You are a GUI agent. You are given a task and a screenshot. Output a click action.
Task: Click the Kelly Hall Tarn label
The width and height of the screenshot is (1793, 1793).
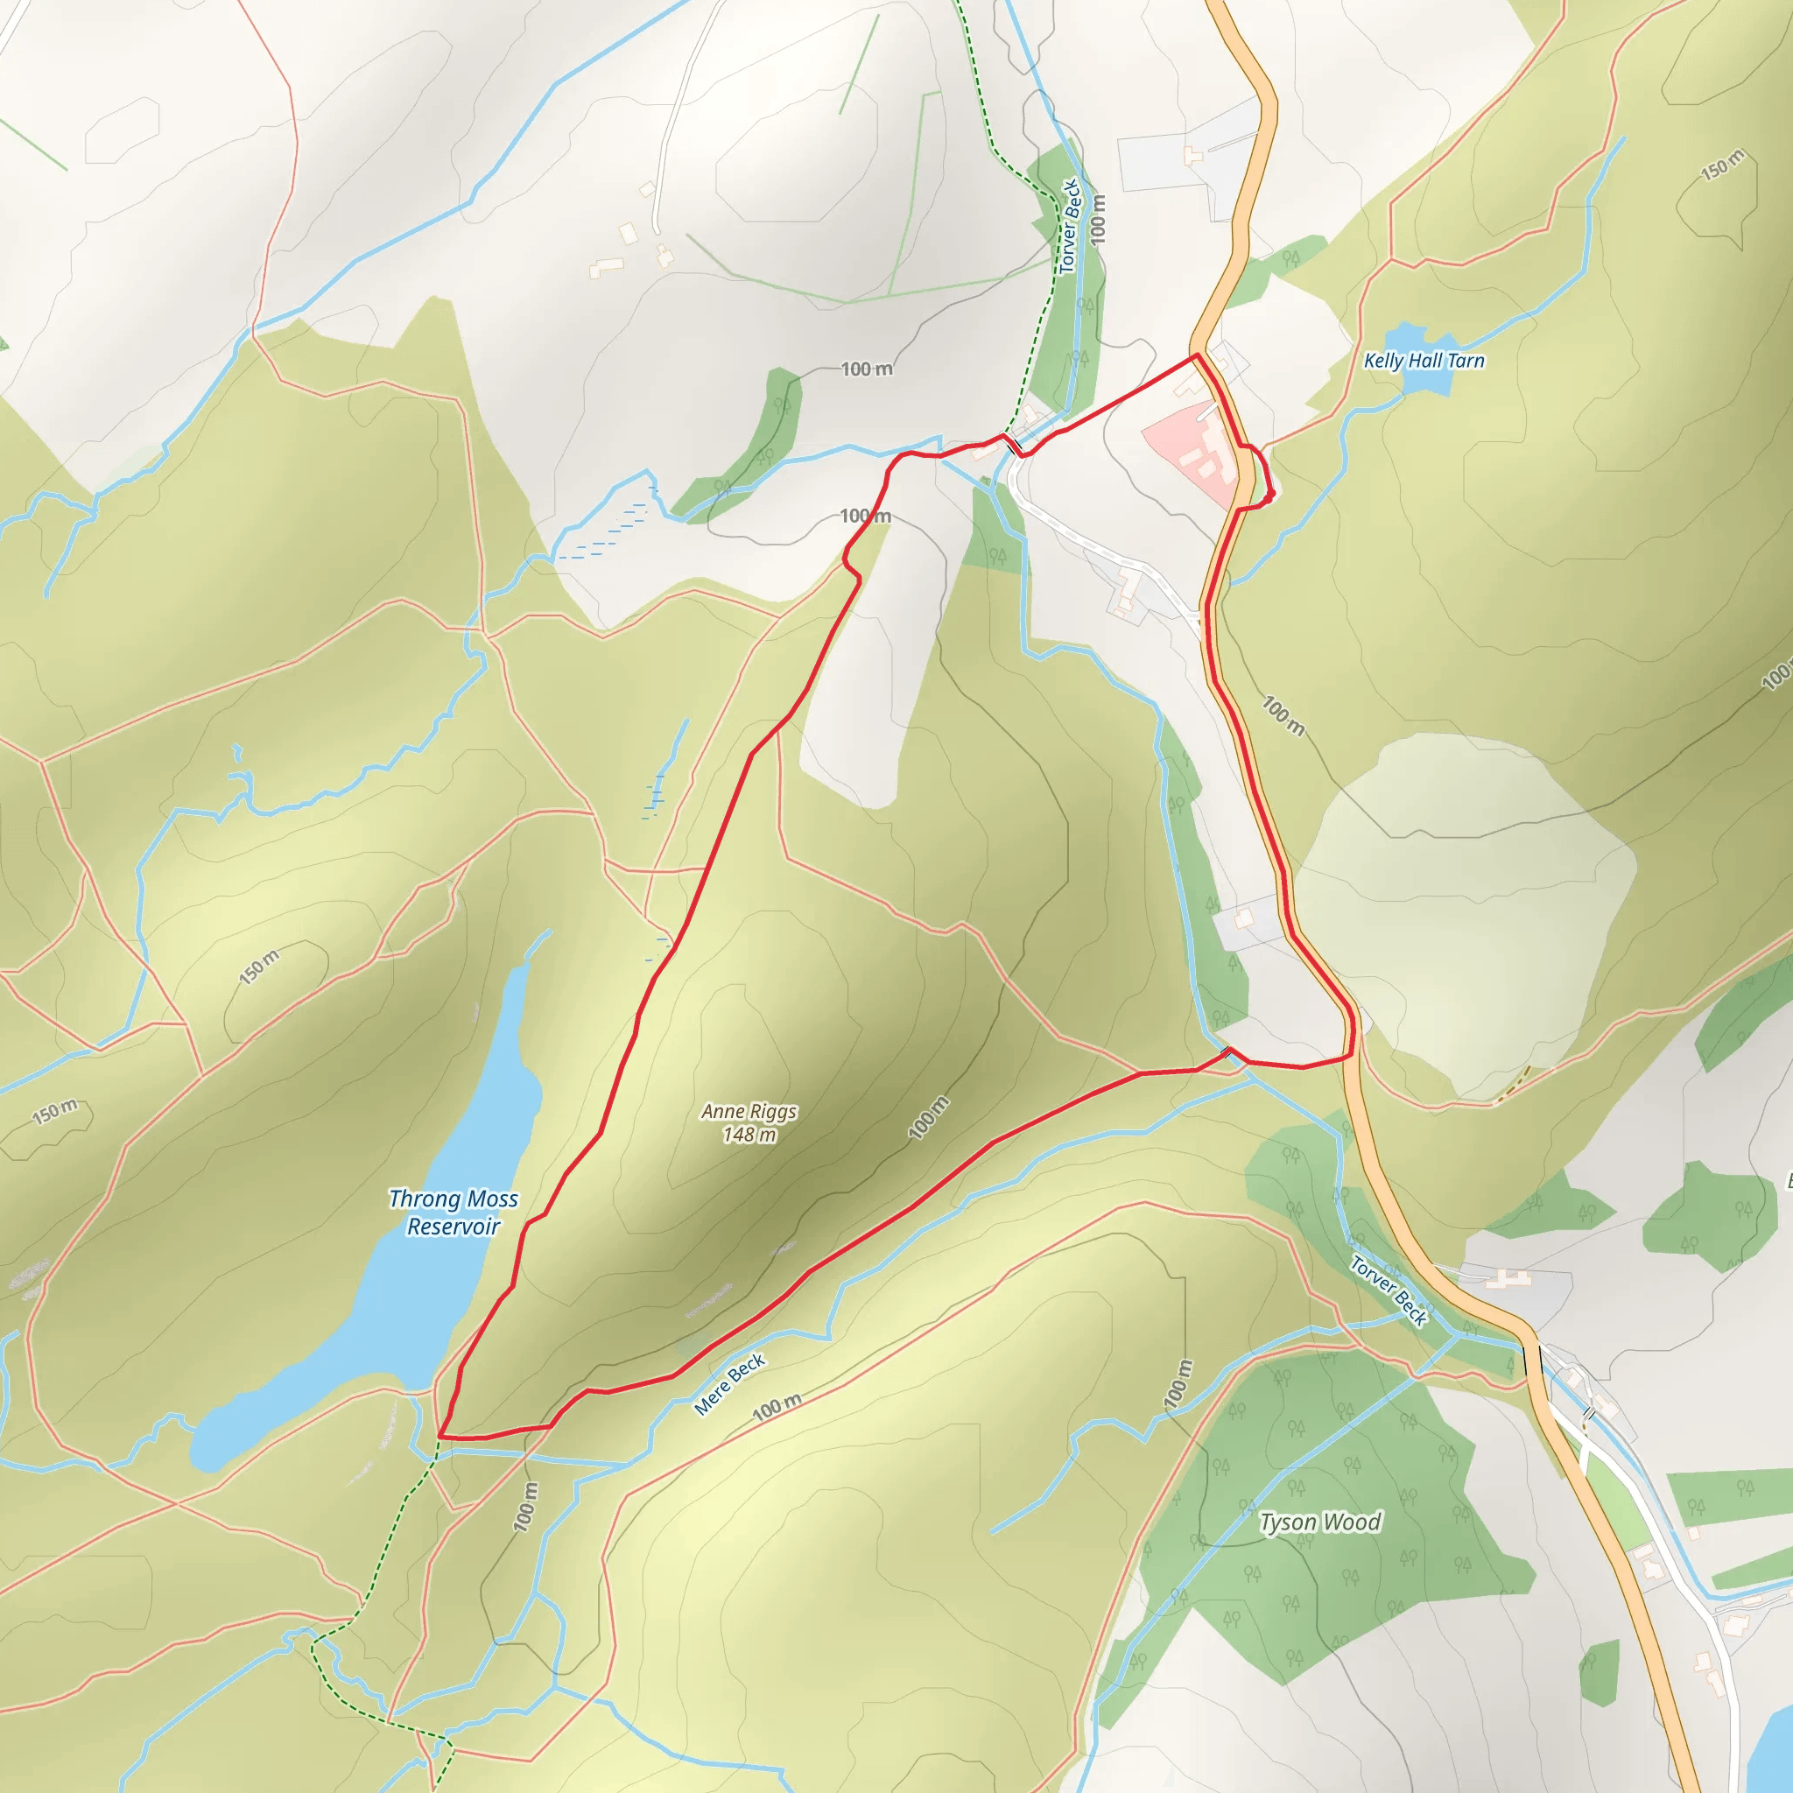pyautogui.click(x=1424, y=361)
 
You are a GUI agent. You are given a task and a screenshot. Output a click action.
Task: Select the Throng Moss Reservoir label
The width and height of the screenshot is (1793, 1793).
pyautogui.click(x=453, y=1212)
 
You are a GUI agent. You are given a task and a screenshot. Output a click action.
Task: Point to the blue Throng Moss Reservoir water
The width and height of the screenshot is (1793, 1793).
pyautogui.click(x=427, y=1299)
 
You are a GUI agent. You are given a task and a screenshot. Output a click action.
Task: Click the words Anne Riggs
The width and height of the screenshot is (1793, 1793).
pyautogui.click(x=749, y=1111)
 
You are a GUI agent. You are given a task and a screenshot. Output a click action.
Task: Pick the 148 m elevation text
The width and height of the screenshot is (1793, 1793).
pyautogui.click(x=749, y=1134)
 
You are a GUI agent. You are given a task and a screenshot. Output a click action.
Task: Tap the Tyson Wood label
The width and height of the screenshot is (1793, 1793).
pyautogui.click(x=1319, y=1522)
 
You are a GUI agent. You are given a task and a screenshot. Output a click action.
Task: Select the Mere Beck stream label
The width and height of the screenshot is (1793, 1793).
pyautogui.click(x=729, y=1384)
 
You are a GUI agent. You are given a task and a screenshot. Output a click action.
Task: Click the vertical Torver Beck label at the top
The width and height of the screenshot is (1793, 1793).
pyautogui.click(x=1070, y=227)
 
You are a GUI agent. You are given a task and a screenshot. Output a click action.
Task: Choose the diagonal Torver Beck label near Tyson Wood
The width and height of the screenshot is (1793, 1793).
pyautogui.click(x=1389, y=1290)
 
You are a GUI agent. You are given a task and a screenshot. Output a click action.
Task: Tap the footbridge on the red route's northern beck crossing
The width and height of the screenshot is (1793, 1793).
pyautogui.click(x=1014, y=446)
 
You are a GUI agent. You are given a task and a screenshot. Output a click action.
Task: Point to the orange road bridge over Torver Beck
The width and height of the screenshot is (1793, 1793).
pyautogui.click(x=1532, y=1361)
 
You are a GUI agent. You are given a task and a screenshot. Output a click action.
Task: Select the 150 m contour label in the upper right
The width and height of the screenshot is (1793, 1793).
pyautogui.click(x=1722, y=165)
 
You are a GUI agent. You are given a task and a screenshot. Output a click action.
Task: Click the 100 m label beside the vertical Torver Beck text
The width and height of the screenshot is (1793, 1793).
pyautogui.click(x=1099, y=220)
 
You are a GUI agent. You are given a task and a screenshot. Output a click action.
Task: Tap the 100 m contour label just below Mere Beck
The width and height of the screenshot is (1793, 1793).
pyautogui.click(x=776, y=1408)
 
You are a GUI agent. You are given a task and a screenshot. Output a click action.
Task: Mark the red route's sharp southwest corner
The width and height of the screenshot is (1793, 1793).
pyautogui.click(x=439, y=1437)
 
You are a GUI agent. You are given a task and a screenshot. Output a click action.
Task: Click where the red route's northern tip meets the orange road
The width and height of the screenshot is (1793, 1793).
pyautogui.click(x=1197, y=355)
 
